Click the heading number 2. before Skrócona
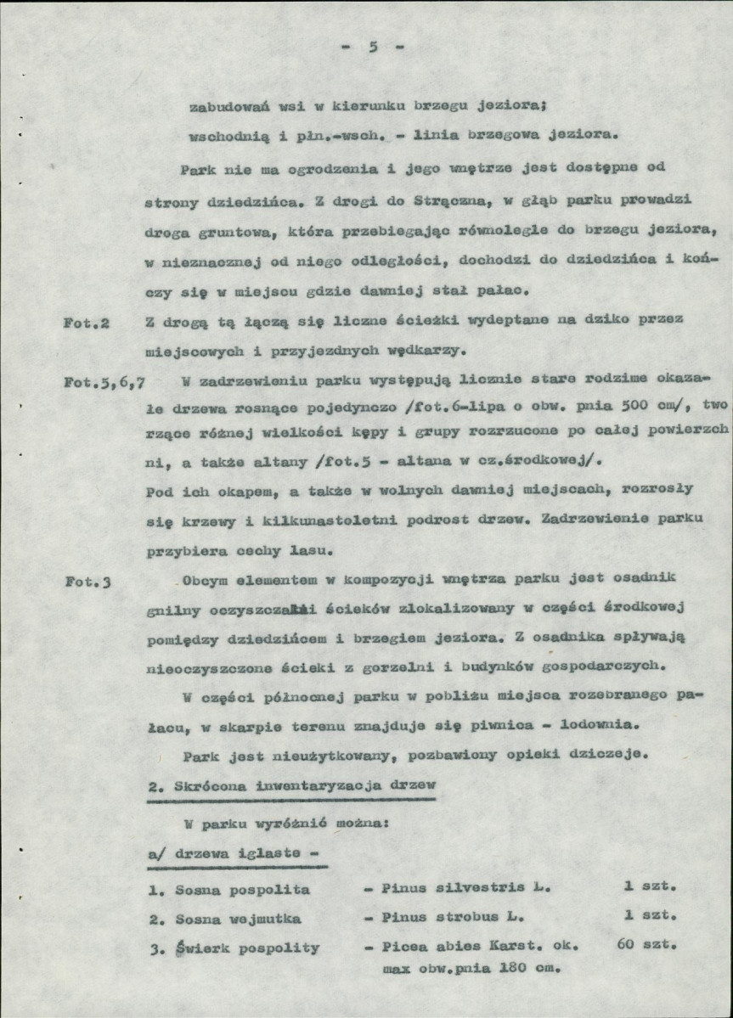click(153, 785)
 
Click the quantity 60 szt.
click(642, 944)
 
